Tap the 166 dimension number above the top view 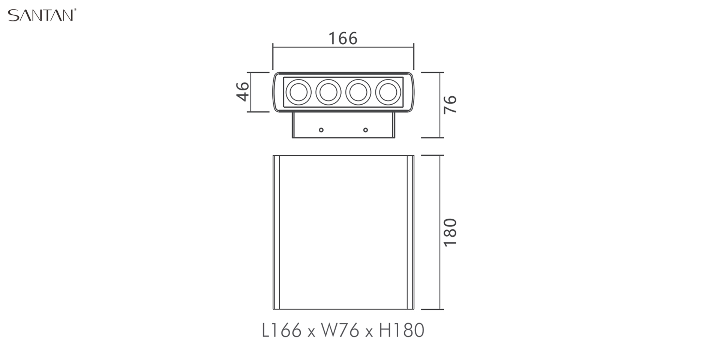click(343, 39)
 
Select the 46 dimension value click(243, 91)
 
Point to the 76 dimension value click(450, 104)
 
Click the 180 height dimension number click(450, 232)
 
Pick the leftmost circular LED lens click(298, 92)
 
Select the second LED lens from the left click(328, 92)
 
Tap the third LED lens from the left click(358, 92)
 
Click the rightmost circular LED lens click(388, 92)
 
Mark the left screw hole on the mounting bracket click(321, 130)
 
